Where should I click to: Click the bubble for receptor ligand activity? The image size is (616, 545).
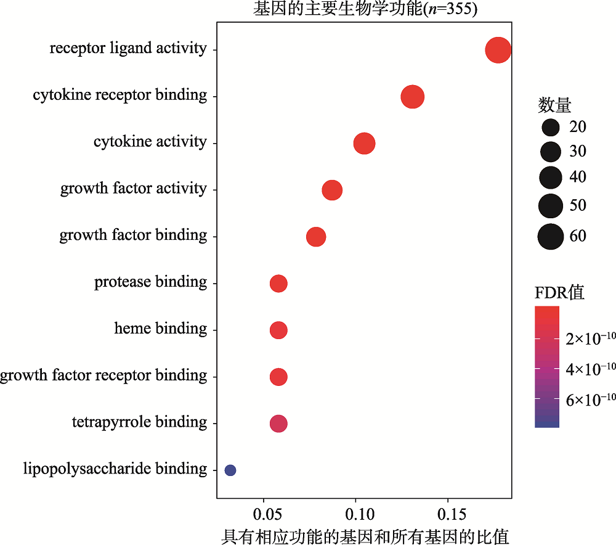tap(498, 50)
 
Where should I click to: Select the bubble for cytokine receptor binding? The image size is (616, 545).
tap(412, 97)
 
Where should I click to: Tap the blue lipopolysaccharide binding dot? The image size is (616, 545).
tap(230, 470)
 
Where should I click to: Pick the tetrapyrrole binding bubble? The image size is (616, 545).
tap(278, 424)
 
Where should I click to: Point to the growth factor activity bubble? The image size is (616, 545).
tap(332, 191)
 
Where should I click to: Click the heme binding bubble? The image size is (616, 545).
tap(278, 330)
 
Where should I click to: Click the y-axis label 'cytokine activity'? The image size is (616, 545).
tap(150, 142)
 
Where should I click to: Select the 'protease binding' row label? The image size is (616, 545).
tap(150, 282)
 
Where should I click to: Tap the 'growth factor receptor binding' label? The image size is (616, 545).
tap(103, 375)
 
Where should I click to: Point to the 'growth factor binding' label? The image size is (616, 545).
tap(133, 236)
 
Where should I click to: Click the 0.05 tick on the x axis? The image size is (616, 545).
tap(264, 514)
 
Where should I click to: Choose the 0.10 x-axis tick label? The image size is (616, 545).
tap(355, 514)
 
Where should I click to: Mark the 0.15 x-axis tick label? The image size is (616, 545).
tap(447, 514)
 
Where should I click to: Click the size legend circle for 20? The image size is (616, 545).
tap(550, 128)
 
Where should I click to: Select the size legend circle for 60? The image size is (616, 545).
tap(550, 237)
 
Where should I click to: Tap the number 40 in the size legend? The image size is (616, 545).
tap(577, 178)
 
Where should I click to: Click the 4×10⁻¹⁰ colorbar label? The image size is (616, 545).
tap(591, 369)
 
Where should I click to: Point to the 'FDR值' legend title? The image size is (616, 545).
tap(559, 292)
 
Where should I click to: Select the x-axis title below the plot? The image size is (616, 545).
tap(365, 536)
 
